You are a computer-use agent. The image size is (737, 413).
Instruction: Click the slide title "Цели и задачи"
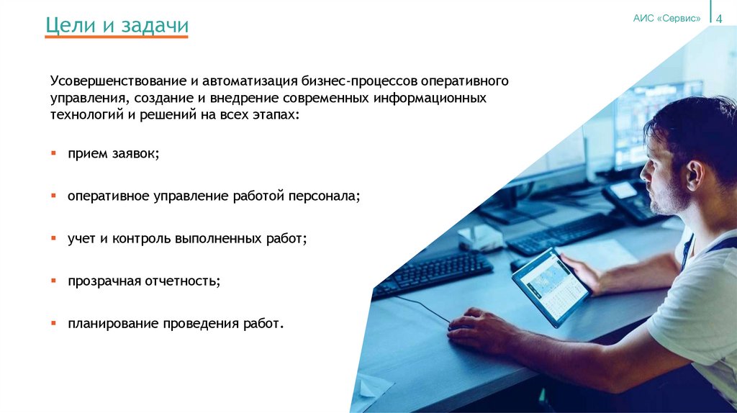(117, 26)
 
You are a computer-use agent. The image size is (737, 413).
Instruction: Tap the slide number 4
(718, 19)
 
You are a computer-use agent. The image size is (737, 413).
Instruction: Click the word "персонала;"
(327, 196)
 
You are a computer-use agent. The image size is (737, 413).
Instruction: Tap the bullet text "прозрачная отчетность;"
(144, 281)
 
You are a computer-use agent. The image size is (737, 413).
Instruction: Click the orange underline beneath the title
(117, 37)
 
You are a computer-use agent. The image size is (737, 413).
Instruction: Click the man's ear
(694, 173)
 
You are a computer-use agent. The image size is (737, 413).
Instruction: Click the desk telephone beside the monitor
(630, 201)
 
